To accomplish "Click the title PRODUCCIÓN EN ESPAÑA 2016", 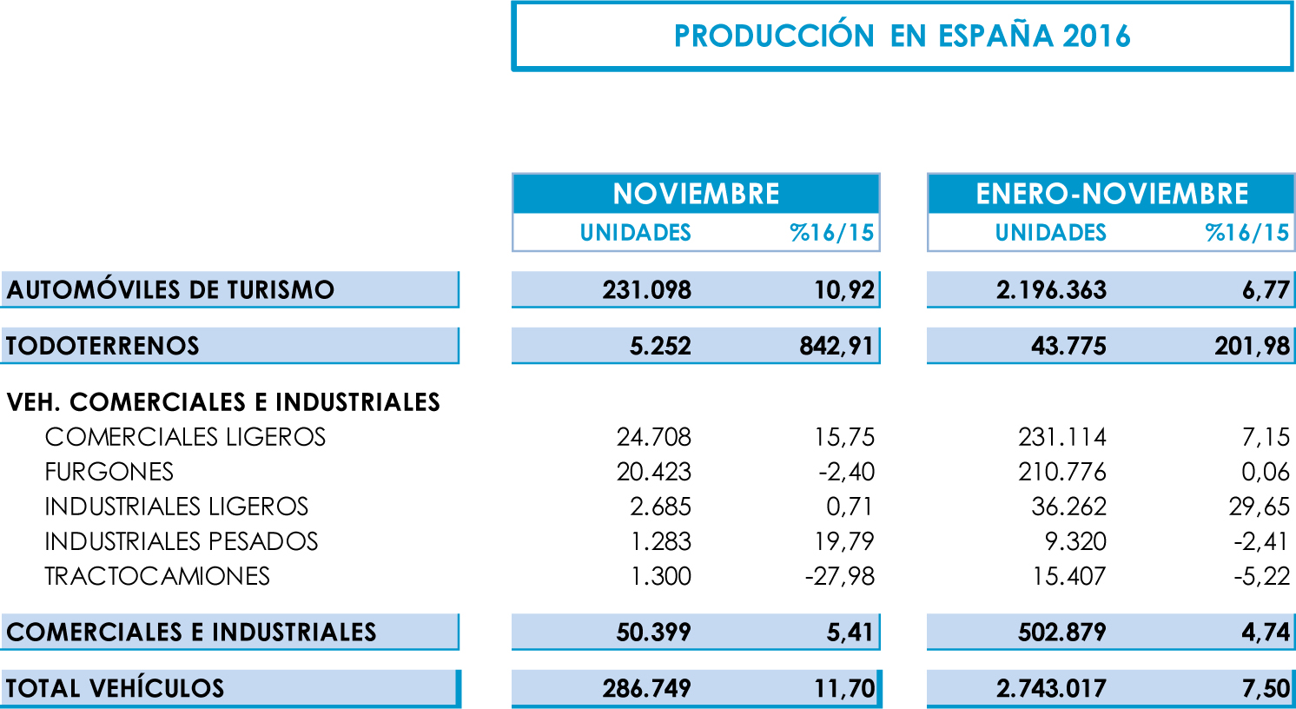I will (902, 36).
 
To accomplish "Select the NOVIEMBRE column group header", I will (696, 193).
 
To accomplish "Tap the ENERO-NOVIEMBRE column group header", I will (1112, 193).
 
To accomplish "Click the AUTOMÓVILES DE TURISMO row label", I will (170, 289).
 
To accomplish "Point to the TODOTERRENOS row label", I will (102, 346).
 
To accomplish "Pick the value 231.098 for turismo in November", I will (646, 289).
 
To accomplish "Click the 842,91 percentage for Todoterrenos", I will (836, 346).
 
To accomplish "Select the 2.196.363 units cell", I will (1051, 289).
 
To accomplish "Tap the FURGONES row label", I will (109, 472).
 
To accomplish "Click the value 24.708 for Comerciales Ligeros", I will (653, 437).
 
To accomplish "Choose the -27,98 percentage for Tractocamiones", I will (839, 576).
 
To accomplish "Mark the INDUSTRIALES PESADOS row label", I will (182, 541).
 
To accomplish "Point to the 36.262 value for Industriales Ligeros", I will (1068, 507).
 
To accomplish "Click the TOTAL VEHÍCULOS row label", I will (115, 688).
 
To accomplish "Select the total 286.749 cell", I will (646, 688).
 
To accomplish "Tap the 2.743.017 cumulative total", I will (1051, 688).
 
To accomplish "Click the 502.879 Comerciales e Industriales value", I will (1061, 632).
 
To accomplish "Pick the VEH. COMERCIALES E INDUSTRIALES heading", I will (223, 402).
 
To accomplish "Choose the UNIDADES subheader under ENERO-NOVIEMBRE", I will (1050, 233).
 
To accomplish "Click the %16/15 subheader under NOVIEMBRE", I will (831, 233).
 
